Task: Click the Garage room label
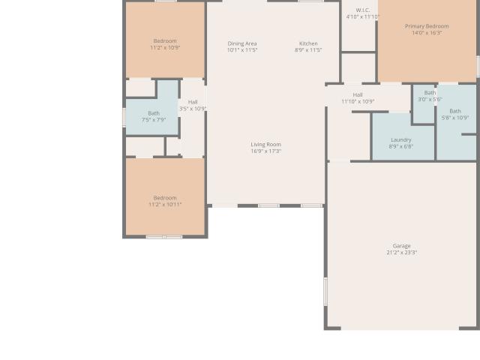pyautogui.click(x=402, y=246)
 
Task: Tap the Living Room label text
pyautogui.click(x=265, y=145)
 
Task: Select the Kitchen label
pyautogui.click(x=308, y=43)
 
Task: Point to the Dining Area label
pyautogui.click(x=242, y=43)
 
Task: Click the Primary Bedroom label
pyautogui.click(x=427, y=26)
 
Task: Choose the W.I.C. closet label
pyautogui.click(x=363, y=10)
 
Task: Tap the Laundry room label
pyautogui.click(x=401, y=140)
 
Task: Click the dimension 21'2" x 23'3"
pyautogui.click(x=402, y=253)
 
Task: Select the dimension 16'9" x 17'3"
pyautogui.click(x=265, y=151)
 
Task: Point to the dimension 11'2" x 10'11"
pyautogui.click(x=165, y=205)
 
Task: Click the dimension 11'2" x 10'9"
pyautogui.click(x=165, y=48)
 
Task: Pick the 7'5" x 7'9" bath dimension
pyautogui.click(x=154, y=120)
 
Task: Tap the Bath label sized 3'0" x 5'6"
pyautogui.click(x=430, y=92)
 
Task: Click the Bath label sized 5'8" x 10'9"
pyautogui.click(x=455, y=111)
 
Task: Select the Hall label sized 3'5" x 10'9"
pyautogui.click(x=193, y=102)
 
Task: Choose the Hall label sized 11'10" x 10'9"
pyautogui.click(x=358, y=95)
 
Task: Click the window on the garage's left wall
pyautogui.click(x=325, y=292)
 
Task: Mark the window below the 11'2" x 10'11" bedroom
pyautogui.click(x=164, y=237)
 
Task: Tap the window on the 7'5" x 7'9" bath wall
pyautogui.click(x=124, y=117)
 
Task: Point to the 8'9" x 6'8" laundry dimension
pyautogui.click(x=401, y=147)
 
